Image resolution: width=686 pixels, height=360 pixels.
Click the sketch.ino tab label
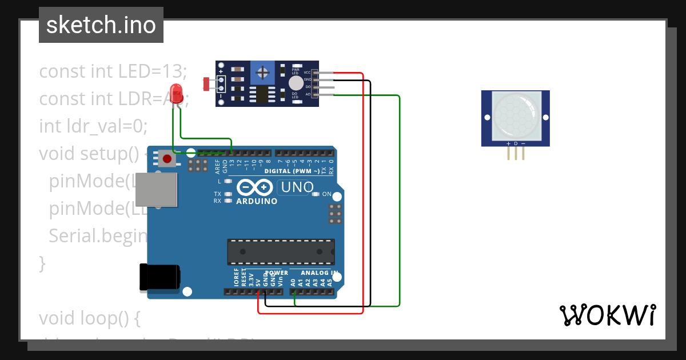[101, 25]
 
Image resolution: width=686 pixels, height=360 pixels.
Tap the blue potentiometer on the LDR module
[262, 73]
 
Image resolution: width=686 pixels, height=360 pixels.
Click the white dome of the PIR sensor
[515, 117]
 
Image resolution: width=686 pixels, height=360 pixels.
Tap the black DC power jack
[159, 278]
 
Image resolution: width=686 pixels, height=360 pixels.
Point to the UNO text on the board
[297, 187]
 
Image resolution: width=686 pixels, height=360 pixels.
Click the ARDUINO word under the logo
[257, 201]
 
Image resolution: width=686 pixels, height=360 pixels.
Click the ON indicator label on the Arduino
[327, 194]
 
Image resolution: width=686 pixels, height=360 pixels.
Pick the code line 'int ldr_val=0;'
[93, 126]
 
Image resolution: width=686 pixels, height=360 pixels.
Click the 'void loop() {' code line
[89, 318]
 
